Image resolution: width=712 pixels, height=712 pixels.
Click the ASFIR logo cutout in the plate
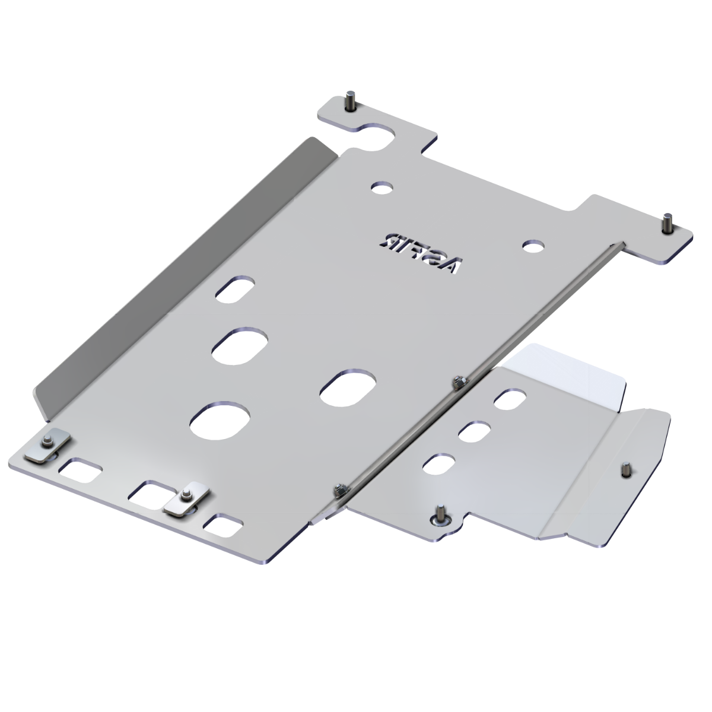tap(420, 253)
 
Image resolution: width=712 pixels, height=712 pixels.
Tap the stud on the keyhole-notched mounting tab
tap(348, 102)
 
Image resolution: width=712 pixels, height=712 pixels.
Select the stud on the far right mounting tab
tap(668, 224)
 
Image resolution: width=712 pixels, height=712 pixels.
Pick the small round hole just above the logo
tap(383, 187)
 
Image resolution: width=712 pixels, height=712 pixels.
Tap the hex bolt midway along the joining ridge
tap(457, 383)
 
